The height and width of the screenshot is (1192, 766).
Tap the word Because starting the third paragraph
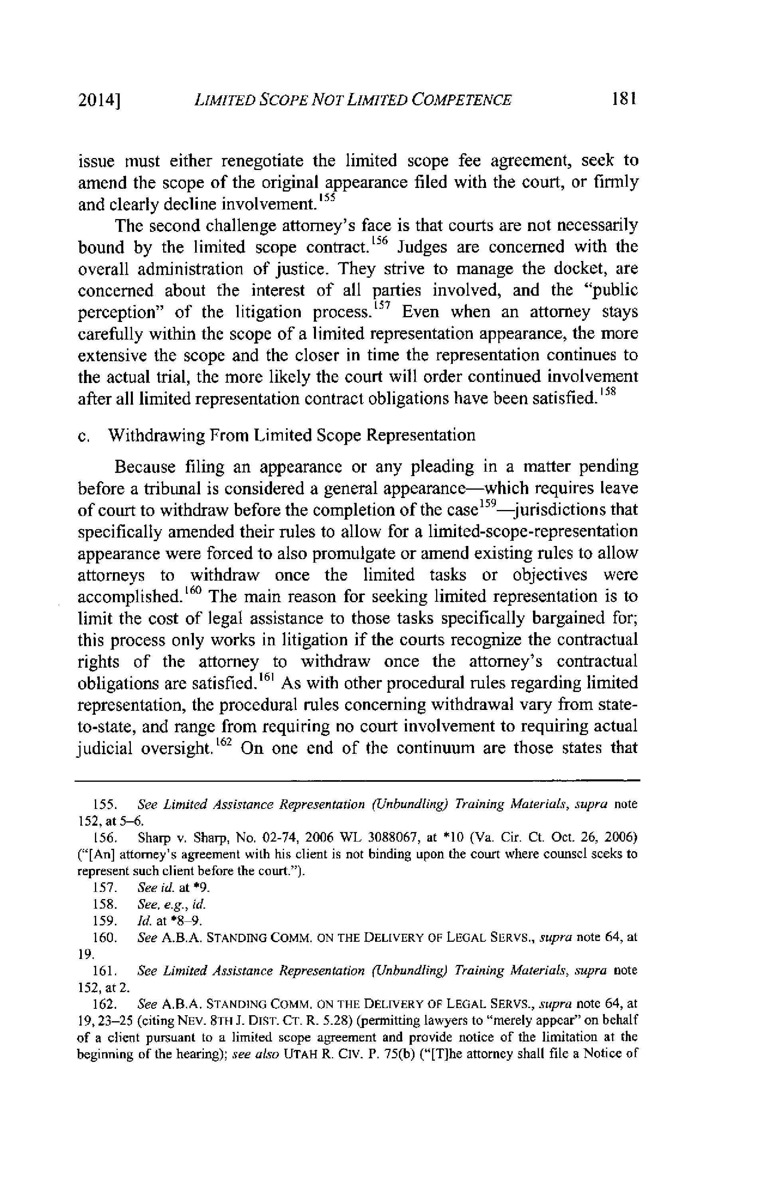[145, 467]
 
